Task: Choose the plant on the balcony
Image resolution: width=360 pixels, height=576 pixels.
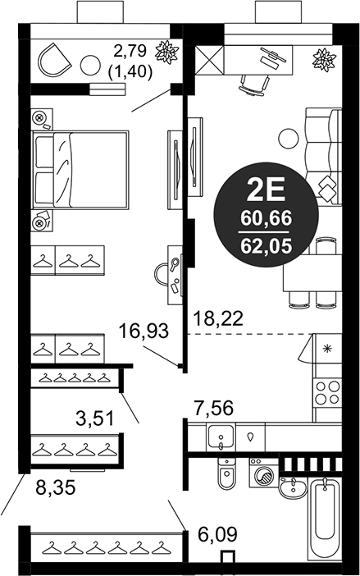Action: [169, 52]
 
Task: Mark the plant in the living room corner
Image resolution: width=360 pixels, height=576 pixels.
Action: [324, 59]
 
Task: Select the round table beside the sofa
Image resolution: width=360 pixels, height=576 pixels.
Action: [288, 139]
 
